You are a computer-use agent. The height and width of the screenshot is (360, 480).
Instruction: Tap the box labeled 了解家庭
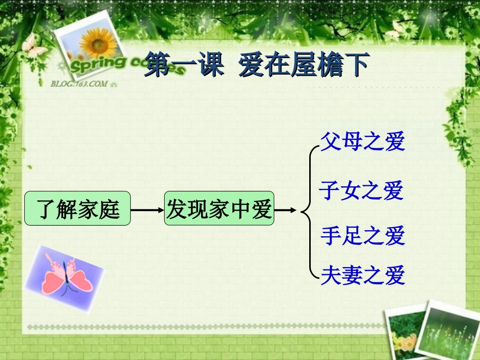coord(78,209)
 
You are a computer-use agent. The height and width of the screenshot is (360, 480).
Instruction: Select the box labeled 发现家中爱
coord(219,209)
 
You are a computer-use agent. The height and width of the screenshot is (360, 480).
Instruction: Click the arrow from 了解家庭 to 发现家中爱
coord(147,209)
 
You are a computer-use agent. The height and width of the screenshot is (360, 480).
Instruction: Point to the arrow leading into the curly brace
coord(285,209)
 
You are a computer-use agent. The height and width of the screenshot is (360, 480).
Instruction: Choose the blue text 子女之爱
coord(361,190)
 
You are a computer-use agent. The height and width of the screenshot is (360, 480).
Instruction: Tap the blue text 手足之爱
coord(363,235)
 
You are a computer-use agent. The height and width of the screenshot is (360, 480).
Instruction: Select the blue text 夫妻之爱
coord(363,275)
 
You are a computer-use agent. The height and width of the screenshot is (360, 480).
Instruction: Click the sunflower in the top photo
coord(99,40)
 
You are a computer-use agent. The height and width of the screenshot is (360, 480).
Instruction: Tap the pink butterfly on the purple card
coord(64,275)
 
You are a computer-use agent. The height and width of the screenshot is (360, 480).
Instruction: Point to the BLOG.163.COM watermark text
coord(79,83)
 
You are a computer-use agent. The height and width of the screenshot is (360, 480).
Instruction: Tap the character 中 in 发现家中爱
coord(241,209)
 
